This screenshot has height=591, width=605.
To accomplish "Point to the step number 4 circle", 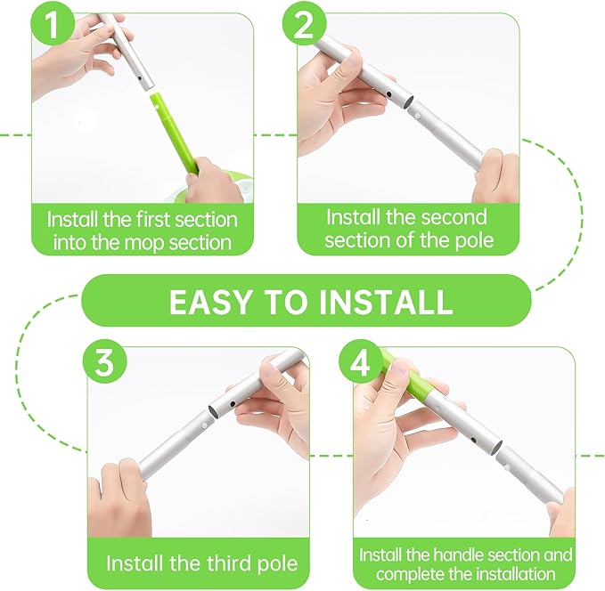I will click(x=359, y=364).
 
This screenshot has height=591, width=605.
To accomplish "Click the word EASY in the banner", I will click(x=209, y=302).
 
